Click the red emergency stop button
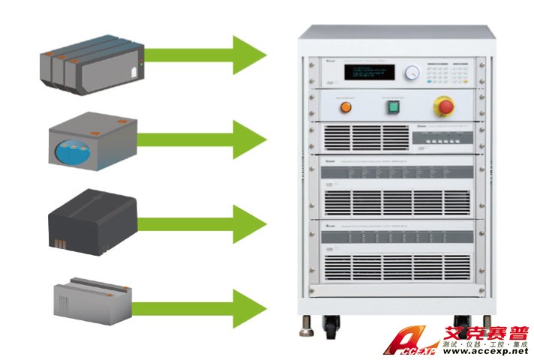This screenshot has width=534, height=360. (x=440, y=106)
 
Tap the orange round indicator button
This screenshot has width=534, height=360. (x=346, y=107)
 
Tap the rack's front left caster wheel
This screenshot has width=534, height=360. (x=331, y=325)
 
